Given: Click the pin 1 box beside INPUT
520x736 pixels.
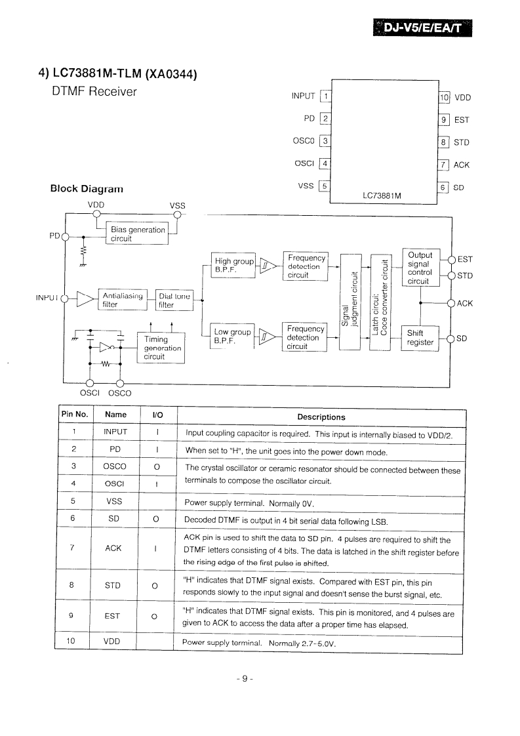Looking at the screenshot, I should (325, 96).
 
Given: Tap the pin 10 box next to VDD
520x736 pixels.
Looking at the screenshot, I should (444, 98).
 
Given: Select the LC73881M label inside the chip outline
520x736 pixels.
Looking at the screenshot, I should (382, 195).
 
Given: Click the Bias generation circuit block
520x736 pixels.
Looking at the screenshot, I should (137, 234).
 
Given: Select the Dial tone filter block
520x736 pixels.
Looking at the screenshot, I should (174, 300).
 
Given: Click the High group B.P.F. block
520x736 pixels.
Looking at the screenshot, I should (233, 266).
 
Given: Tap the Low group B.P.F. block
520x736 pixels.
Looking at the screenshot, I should (232, 337).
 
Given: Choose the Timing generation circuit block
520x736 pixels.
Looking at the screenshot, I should (161, 348).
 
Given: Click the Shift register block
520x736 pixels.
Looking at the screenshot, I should (420, 338).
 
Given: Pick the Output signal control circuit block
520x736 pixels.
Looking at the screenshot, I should (421, 268).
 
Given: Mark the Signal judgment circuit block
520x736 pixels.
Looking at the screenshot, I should (351, 302).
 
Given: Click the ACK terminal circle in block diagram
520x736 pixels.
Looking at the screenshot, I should (451, 303).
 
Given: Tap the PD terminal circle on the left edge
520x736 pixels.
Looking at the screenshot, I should (64, 237).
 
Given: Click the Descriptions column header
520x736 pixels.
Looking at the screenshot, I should (321, 417).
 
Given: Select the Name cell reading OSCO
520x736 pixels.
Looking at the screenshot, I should (115, 466).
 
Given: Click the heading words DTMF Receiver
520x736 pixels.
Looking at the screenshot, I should (94, 92).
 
